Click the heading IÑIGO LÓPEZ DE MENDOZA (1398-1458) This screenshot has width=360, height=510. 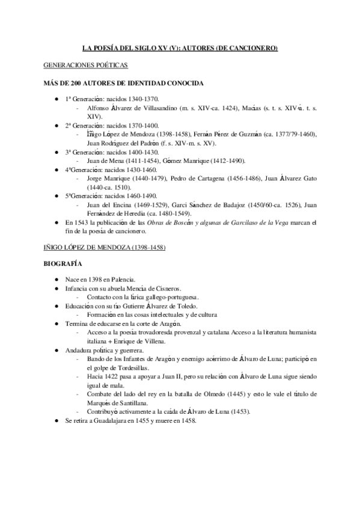coord(104,247)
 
